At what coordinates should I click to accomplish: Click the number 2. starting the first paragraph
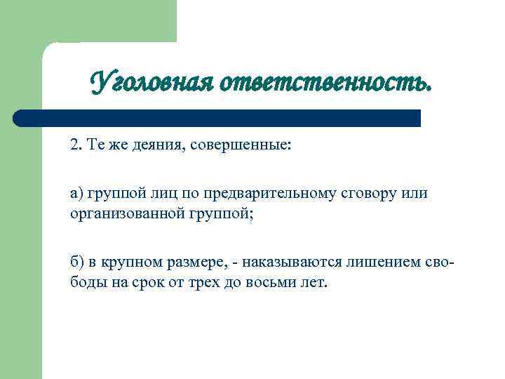(x=76, y=145)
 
